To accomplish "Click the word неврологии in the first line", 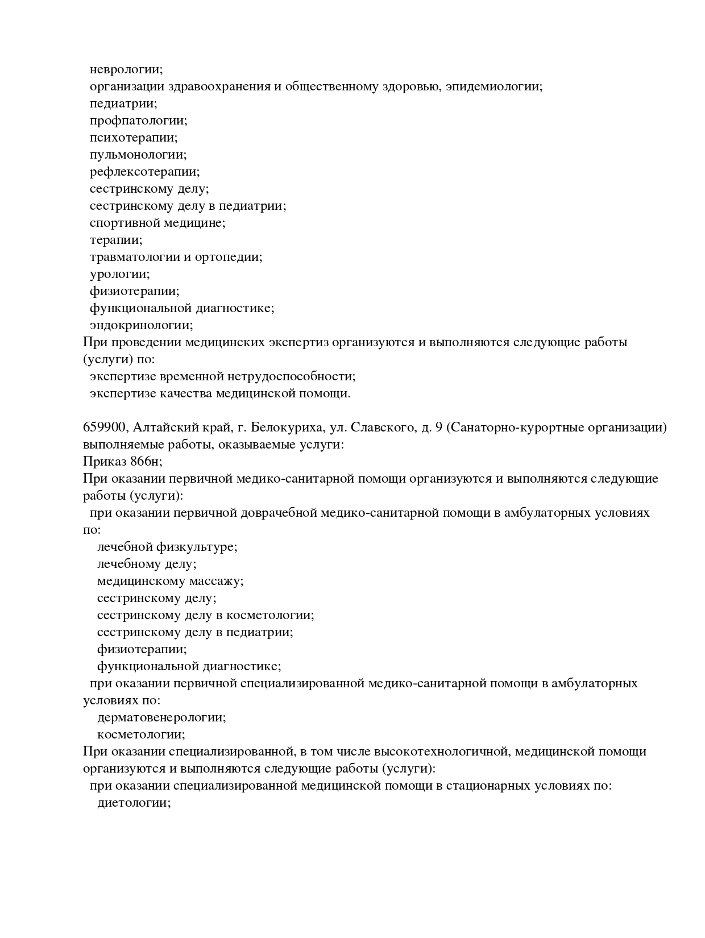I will click(126, 70).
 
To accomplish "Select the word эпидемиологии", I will click(494, 87).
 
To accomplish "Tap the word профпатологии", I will click(138, 121).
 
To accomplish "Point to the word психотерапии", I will click(134, 138).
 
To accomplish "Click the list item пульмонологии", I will click(138, 155).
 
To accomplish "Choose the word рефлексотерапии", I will click(144, 172).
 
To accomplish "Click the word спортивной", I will click(125, 223).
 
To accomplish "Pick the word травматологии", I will click(135, 258).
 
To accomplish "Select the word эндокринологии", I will click(141, 326).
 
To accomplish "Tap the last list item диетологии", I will click(134, 803).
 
